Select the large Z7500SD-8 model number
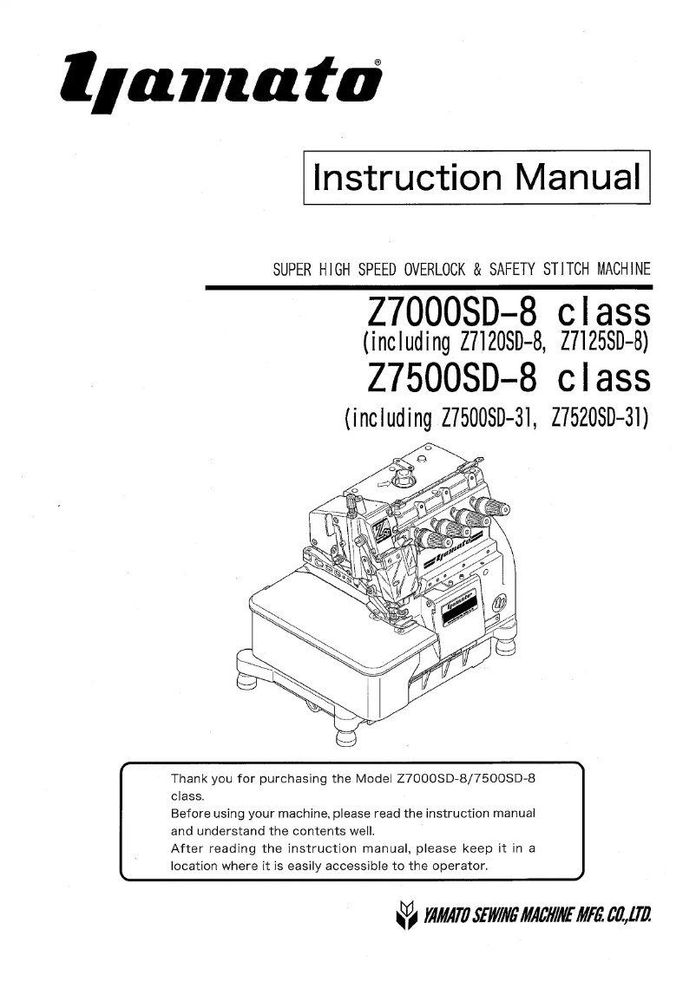point(451,378)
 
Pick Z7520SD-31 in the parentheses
point(601,417)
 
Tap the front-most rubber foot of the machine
point(345,736)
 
